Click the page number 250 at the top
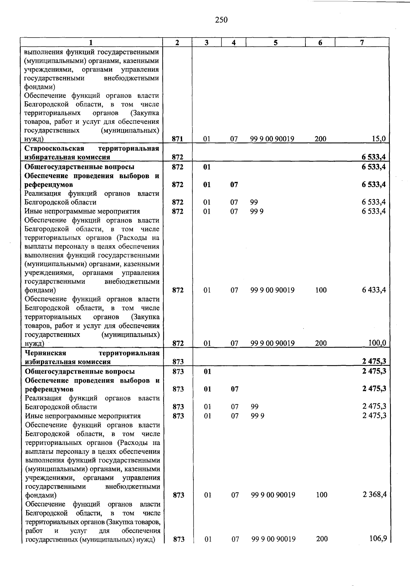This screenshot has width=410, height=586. (x=221, y=20)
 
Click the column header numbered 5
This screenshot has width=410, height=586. (x=275, y=42)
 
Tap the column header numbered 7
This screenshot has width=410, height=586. (x=362, y=42)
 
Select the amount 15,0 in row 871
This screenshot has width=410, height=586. (x=379, y=139)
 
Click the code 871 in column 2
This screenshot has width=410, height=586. (x=177, y=139)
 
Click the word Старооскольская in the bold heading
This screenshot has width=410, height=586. (x=54, y=148)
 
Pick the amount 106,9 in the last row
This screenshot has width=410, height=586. (x=378, y=538)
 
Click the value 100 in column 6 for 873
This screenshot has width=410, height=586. (x=322, y=495)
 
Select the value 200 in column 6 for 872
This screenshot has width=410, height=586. (x=321, y=343)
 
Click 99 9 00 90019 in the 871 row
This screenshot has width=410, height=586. (x=272, y=139)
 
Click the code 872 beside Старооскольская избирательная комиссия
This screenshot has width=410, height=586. (x=177, y=157)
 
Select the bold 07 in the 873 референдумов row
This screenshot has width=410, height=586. (x=234, y=389)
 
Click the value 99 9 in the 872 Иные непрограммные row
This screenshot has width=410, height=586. (x=257, y=211)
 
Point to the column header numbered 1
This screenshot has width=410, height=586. (x=91, y=42)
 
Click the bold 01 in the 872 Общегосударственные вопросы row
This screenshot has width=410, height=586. (x=207, y=167)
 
